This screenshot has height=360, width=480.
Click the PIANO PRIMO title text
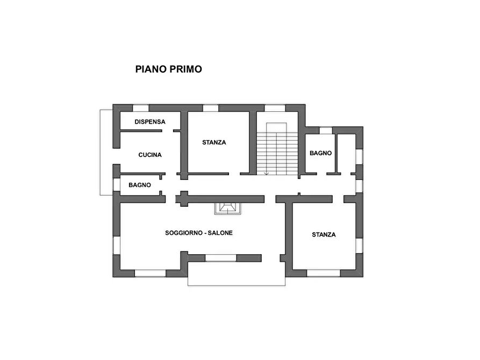click(x=168, y=69)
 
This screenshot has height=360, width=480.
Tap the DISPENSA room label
click(x=150, y=122)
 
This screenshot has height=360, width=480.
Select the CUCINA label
click(x=150, y=155)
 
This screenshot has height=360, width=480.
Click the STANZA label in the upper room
click(x=214, y=142)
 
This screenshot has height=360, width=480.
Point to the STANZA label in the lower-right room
click(x=324, y=235)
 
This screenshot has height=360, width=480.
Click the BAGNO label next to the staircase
click(x=320, y=153)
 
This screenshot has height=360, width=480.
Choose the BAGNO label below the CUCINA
click(x=139, y=185)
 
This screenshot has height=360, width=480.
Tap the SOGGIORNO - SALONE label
click(x=198, y=233)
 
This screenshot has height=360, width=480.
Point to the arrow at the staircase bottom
click(x=267, y=173)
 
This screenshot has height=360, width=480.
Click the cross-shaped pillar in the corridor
click(x=184, y=198)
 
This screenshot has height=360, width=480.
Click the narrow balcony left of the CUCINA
click(x=106, y=152)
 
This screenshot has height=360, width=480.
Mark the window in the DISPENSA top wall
click(x=141, y=108)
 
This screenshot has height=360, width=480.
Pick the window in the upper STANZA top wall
click(x=211, y=108)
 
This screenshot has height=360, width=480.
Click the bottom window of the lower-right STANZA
click(x=324, y=273)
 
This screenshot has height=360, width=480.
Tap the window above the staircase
click(x=275, y=108)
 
